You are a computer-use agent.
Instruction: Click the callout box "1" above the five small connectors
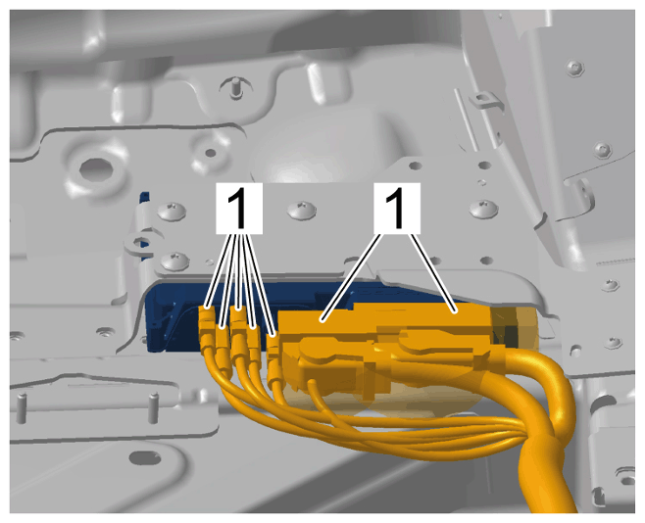click(x=239, y=209)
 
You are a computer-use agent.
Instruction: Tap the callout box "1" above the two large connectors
click(x=397, y=209)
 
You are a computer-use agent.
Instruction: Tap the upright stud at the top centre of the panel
click(x=235, y=86)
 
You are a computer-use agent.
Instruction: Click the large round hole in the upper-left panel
click(x=96, y=169)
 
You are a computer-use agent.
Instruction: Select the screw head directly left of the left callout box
click(x=173, y=211)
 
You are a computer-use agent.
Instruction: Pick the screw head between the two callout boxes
click(x=302, y=210)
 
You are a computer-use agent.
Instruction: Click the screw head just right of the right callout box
click(x=484, y=210)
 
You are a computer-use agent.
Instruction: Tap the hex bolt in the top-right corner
click(x=575, y=68)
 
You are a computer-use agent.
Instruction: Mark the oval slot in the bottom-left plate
click(x=145, y=456)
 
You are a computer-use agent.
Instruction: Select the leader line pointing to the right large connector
click(x=433, y=273)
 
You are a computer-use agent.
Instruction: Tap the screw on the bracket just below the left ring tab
click(x=174, y=261)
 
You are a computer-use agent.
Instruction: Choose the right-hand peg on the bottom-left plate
click(x=154, y=407)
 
